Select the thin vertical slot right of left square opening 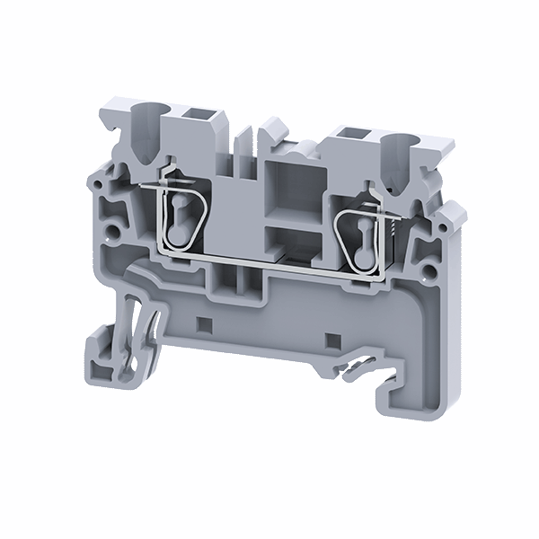(243, 144)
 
